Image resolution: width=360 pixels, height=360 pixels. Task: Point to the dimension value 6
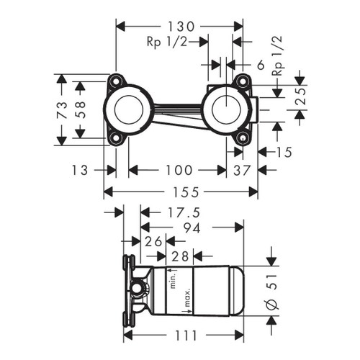(261, 65)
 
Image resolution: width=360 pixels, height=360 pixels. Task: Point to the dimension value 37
(243, 170)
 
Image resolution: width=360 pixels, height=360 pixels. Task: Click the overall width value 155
(181, 192)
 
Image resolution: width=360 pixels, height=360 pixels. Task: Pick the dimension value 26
(153, 240)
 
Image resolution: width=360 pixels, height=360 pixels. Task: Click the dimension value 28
(180, 256)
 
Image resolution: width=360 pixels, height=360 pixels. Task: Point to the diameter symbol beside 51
(271, 305)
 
